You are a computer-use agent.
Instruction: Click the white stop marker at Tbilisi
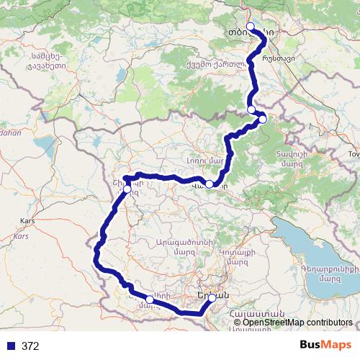point(251,27)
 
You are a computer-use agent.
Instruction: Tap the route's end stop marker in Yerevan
point(212,297)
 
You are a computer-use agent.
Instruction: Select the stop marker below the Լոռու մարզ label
point(209,184)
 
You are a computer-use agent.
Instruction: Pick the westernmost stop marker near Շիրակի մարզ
point(127,188)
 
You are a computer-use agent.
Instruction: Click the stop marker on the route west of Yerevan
point(149,299)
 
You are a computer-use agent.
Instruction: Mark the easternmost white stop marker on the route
point(263,119)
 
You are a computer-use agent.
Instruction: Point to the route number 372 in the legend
point(30,346)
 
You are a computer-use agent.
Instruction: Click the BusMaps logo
point(325,345)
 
